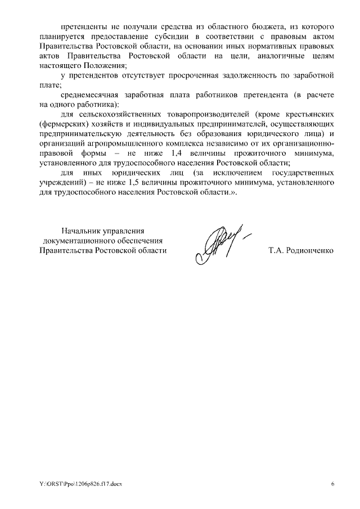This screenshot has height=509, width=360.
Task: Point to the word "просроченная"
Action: [x=205, y=75]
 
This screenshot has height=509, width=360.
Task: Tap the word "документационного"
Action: [x=77, y=241]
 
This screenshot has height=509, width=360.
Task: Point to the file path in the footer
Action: [x=76, y=483]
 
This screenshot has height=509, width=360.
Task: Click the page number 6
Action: [x=332, y=483]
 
